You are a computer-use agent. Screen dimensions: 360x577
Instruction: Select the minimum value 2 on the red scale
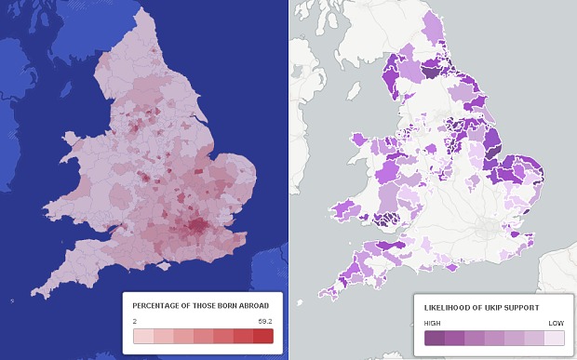tap(135, 320)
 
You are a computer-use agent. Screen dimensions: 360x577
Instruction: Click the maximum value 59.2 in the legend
tap(265, 320)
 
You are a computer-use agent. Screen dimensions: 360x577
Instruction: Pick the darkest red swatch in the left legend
tap(262, 336)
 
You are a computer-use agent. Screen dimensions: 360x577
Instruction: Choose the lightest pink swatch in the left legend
tap(142, 336)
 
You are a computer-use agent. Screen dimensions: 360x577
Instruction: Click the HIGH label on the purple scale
tap(433, 322)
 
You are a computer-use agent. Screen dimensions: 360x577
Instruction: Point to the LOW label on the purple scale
tap(556, 322)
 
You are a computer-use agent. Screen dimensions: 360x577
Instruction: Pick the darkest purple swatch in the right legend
tap(434, 338)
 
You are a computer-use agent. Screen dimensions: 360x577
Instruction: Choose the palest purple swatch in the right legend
tap(554, 338)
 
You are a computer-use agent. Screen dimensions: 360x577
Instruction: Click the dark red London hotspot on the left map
tap(196, 226)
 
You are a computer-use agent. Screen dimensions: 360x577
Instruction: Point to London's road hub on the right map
tap(486, 226)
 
